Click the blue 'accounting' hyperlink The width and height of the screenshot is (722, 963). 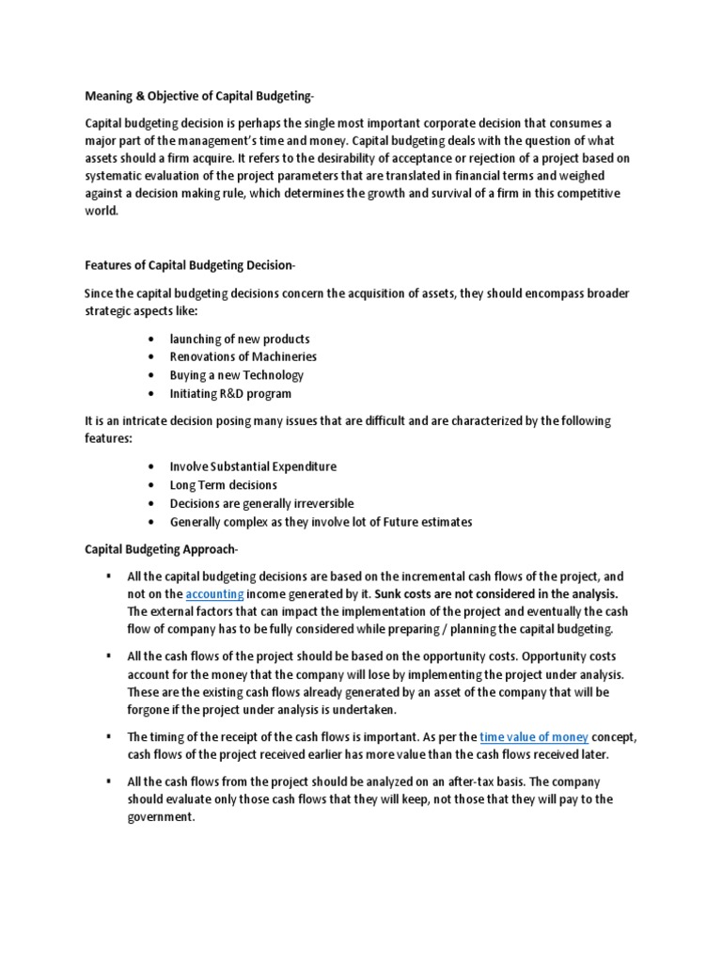coord(215,594)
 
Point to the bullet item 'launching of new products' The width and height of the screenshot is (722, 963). coord(240,339)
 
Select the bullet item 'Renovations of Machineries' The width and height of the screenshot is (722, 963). coord(243,356)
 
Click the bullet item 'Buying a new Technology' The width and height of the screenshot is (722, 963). coord(237,375)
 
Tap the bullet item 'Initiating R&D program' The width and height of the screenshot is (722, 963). coord(230,393)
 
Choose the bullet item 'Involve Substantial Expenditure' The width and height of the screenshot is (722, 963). coord(253,466)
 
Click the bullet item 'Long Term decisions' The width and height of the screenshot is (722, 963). coord(224,485)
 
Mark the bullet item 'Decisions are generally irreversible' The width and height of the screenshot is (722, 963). coord(262,503)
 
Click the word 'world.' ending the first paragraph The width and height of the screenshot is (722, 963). coord(102,212)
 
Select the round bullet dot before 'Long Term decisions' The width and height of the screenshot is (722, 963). coord(152,485)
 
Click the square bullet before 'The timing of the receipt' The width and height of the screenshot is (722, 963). coord(110,737)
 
